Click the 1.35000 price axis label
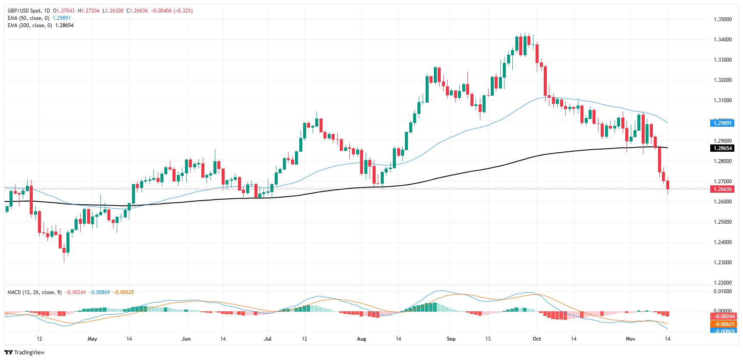click(x=722, y=19)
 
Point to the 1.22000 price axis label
click(x=722, y=283)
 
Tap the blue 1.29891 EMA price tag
click(x=722, y=123)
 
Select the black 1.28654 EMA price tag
click(x=722, y=148)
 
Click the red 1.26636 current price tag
click(x=722, y=189)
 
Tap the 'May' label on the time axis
click(x=92, y=339)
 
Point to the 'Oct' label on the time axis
click(x=536, y=339)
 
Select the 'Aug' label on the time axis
click(x=361, y=339)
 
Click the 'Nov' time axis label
click(x=630, y=339)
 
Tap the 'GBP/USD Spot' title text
click(x=25, y=11)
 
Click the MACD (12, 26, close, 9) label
click(x=34, y=292)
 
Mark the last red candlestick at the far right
click(x=668, y=185)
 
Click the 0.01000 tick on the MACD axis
click(x=722, y=291)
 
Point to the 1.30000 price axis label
click(x=722, y=120)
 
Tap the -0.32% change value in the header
click(x=183, y=11)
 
